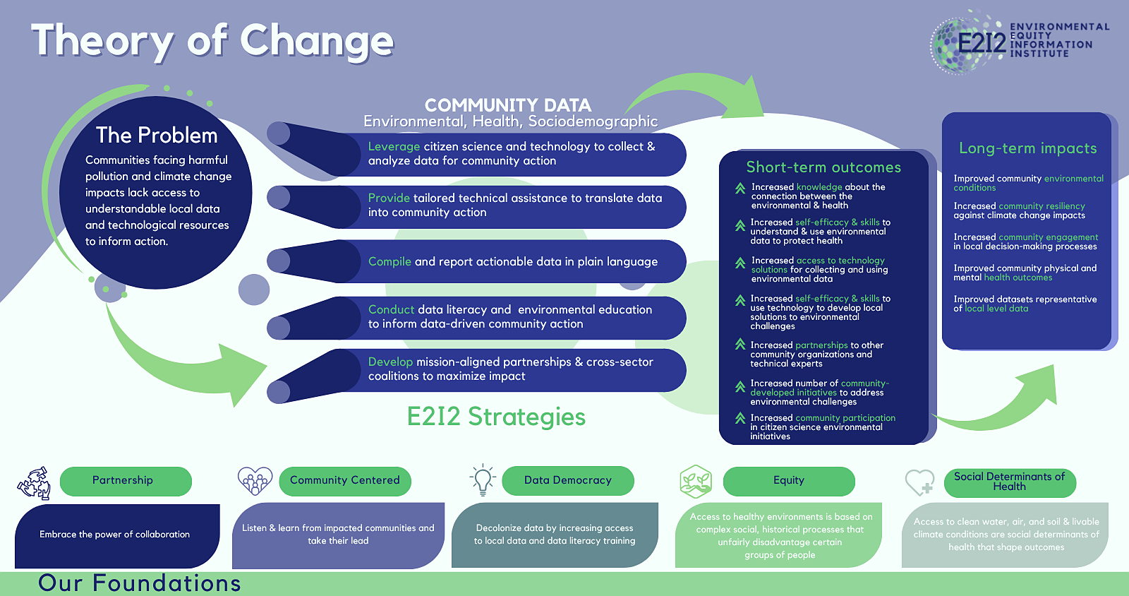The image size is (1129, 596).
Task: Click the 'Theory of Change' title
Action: coord(212,42)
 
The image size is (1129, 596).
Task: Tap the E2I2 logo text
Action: coord(982,42)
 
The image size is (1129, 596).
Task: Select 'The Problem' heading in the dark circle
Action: coord(157,135)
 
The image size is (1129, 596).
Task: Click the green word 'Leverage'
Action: coord(394,146)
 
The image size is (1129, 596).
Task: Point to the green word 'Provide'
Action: coord(389,198)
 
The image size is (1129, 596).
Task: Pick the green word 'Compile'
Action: coord(390,261)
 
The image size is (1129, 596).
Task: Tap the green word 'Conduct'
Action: coord(391,309)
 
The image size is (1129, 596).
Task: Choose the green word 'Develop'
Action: coord(390,362)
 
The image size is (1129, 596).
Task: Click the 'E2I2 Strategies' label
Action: coord(496,417)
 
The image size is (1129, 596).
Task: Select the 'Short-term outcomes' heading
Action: coord(823,167)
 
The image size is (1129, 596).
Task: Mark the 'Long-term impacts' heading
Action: coord(1027,148)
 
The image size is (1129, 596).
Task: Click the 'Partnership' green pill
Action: coord(126,481)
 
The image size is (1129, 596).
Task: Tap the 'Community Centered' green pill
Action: coord(345,481)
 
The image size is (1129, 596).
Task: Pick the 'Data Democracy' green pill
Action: coord(568,480)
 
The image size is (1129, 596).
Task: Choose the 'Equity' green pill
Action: coord(789,481)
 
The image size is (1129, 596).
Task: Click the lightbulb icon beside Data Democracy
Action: coord(483,479)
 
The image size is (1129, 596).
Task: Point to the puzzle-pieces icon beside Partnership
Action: coord(35,483)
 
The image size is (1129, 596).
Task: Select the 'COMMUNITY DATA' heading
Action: coord(508,105)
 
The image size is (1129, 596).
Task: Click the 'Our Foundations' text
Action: coord(140,583)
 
